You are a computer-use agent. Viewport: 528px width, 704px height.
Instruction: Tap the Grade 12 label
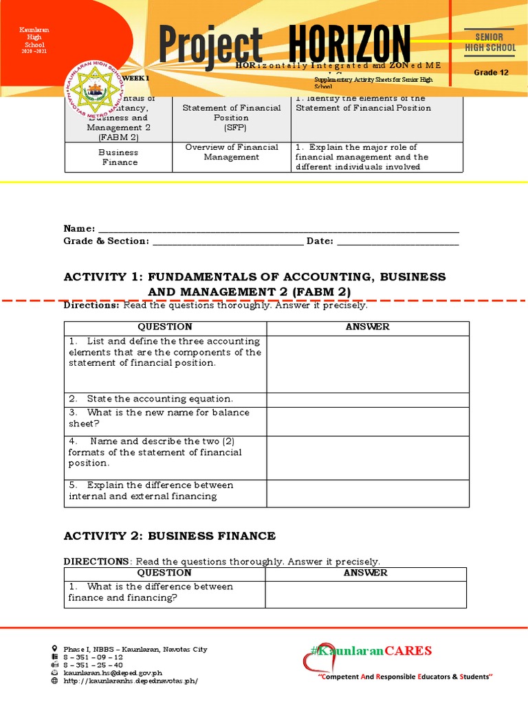[x=491, y=72]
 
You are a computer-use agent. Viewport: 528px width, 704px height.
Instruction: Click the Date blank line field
[x=397, y=241]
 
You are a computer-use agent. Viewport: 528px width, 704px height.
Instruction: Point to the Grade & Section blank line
[x=227, y=241]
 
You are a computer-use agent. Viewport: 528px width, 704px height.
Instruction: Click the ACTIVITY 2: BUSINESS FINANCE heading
[x=169, y=536]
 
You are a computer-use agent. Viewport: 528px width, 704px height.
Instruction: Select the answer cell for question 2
[x=367, y=399]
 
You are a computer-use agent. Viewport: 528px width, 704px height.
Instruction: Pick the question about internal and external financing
[x=151, y=491]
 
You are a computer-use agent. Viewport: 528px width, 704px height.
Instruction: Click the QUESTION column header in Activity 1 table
[x=165, y=327]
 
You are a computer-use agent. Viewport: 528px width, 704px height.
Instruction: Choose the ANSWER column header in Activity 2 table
[x=365, y=573]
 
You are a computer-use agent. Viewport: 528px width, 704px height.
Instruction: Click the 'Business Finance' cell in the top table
[x=118, y=157]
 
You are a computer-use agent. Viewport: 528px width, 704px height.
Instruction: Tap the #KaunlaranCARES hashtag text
[x=371, y=650]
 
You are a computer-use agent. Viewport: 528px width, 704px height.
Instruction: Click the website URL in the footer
[x=131, y=681]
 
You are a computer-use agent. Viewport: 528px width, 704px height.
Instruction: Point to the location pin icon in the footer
[x=55, y=649]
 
